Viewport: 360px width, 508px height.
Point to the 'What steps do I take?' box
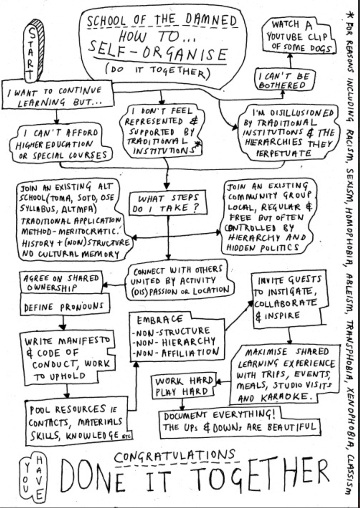(x=168, y=204)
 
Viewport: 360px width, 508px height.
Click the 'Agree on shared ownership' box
(x=61, y=282)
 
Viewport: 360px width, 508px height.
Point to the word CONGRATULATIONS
(x=175, y=457)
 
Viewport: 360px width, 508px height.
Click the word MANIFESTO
(x=86, y=341)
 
